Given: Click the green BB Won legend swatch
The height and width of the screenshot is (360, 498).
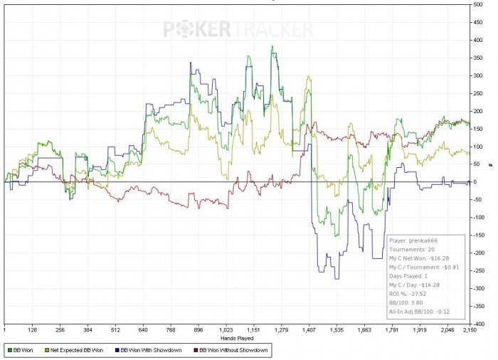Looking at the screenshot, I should (x=9, y=350).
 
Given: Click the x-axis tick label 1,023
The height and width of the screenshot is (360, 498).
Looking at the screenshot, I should (x=226, y=331).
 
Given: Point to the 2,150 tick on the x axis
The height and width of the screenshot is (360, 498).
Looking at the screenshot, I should (x=469, y=331).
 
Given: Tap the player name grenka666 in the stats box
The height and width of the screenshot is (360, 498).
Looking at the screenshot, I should (x=425, y=240).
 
